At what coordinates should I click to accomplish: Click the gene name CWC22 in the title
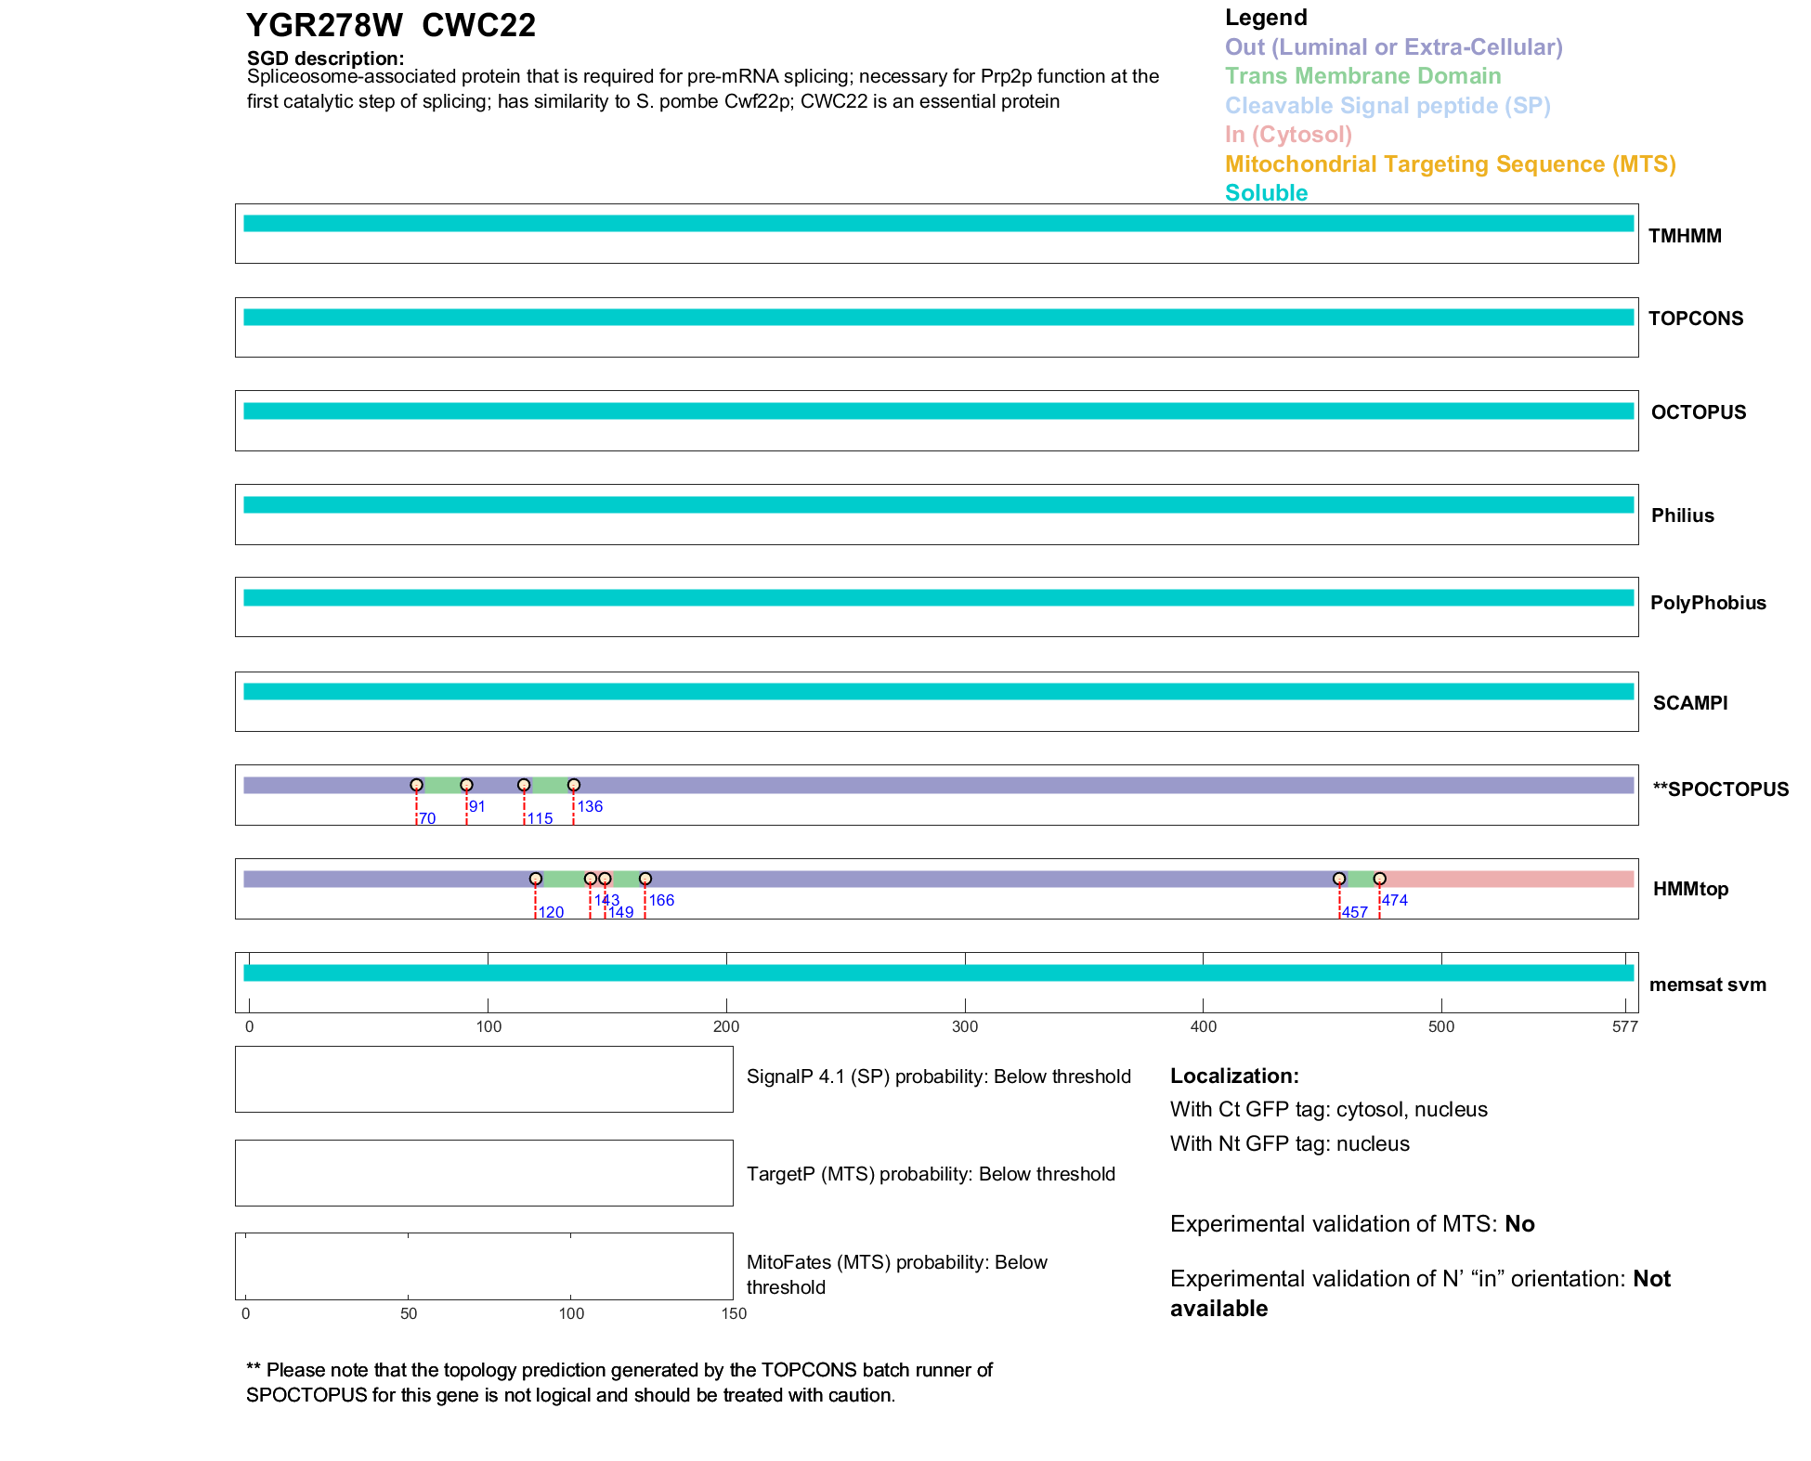click(478, 26)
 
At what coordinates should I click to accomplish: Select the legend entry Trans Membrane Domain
click(1362, 76)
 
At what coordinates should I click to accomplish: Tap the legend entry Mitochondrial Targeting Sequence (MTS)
click(1450, 164)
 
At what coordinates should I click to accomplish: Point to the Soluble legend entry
click(1266, 193)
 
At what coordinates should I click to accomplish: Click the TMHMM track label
click(1684, 236)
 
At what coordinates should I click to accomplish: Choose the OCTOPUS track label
click(1698, 412)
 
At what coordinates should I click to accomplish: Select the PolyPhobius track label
click(1707, 603)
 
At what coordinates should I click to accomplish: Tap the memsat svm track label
click(1707, 985)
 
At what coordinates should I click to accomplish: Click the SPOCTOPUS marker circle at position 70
click(416, 786)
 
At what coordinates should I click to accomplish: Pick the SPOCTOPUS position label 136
click(590, 806)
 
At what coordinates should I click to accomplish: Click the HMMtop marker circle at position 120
click(536, 879)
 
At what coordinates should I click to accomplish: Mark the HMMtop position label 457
click(1354, 912)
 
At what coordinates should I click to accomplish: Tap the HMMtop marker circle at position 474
click(1380, 879)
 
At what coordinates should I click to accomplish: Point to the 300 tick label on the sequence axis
click(965, 1026)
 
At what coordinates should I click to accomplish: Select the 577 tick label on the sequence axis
click(1624, 1026)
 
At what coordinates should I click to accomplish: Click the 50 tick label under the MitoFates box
click(409, 1313)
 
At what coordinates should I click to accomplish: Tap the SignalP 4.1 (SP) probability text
click(938, 1076)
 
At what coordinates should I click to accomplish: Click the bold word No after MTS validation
click(1519, 1224)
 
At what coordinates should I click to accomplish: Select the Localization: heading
click(1234, 1076)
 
